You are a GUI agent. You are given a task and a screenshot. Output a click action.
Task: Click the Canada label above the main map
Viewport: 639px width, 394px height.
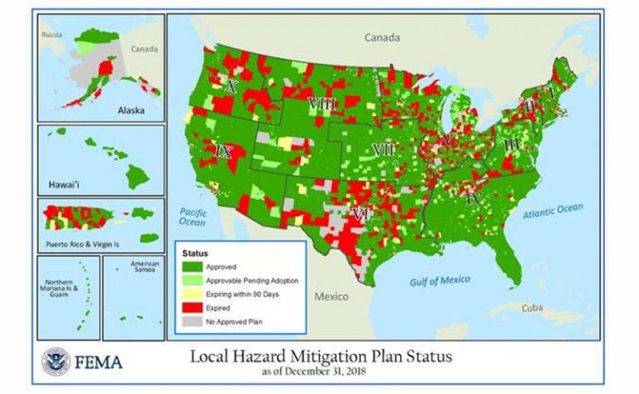click(383, 37)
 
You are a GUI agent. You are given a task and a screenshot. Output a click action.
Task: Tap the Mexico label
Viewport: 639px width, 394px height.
click(330, 296)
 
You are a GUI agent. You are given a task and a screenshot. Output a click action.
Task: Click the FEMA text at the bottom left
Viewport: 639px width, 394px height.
click(98, 362)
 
